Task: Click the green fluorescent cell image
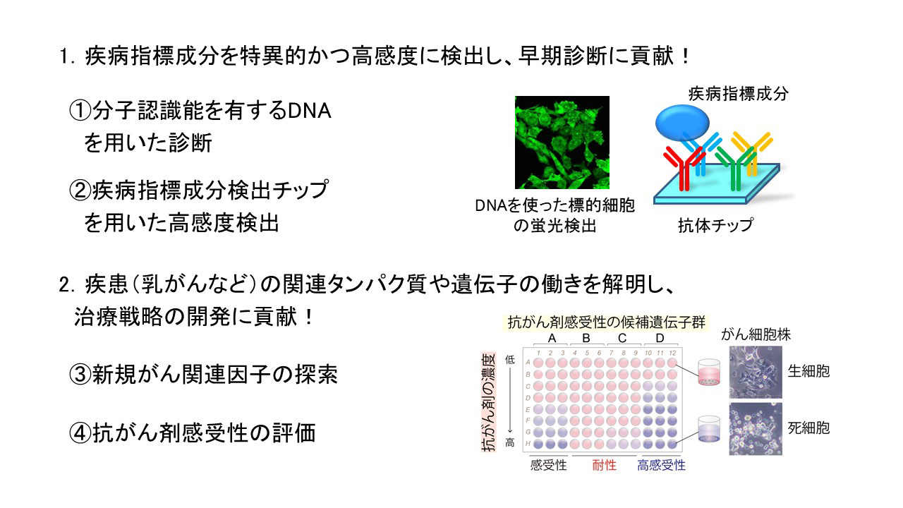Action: point(562,143)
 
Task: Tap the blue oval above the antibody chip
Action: point(682,123)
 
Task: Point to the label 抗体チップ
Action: point(715,225)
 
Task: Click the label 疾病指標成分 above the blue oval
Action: point(738,94)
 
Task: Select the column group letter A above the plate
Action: point(552,338)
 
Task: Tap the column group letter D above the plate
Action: point(660,338)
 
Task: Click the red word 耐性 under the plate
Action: point(604,465)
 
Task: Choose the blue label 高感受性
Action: point(661,465)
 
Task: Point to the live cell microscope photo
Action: point(756,372)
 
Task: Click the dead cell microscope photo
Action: point(756,429)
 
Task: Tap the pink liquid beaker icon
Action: point(709,372)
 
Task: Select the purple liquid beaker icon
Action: point(709,429)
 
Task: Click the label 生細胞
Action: point(808,371)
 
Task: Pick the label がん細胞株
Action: point(756,334)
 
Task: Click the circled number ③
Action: point(80,374)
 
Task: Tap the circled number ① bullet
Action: point(80,111)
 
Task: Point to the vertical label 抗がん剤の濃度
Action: point(489,402)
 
